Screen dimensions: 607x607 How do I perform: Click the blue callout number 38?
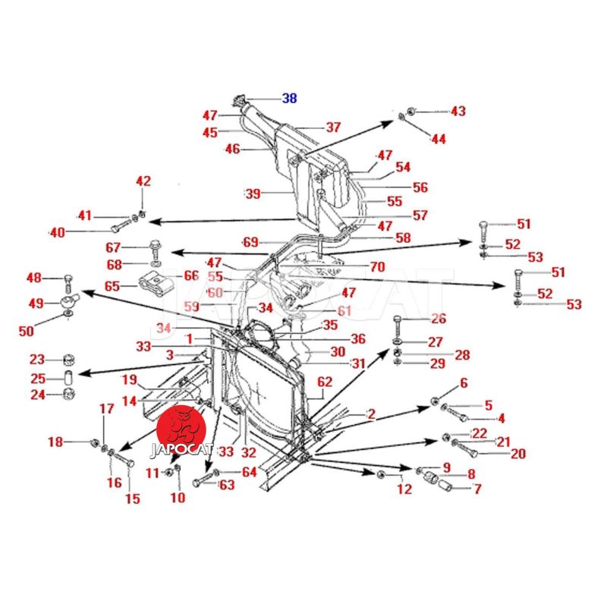pos(290,98)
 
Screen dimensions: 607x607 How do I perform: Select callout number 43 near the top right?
pos(458,112)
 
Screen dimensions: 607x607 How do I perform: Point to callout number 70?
pos(377,267)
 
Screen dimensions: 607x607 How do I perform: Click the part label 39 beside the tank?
pos(253,193)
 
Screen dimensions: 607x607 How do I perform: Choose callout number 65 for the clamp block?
pos(112,288)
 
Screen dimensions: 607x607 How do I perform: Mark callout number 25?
pos(38,378)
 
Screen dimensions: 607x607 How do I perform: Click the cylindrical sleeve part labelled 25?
pos(68,377)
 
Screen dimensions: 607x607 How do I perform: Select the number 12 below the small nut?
pos(404,489)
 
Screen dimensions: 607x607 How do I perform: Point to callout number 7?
pos(477,489)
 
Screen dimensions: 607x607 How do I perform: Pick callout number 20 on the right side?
pos(517,454)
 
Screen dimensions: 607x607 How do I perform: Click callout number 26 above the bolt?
pos(439,318)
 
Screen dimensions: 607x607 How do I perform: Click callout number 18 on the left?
pos(55,442)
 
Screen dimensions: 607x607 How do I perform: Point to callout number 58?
pos(403,238)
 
